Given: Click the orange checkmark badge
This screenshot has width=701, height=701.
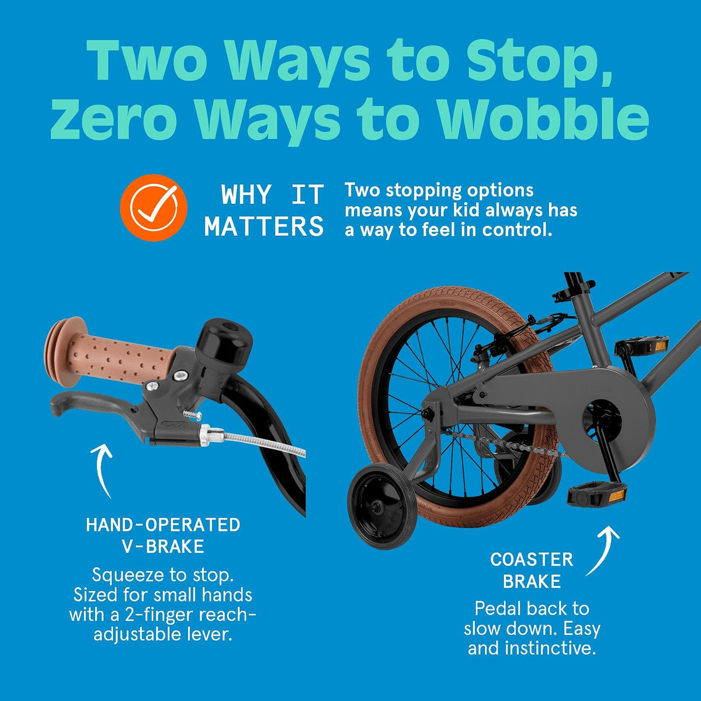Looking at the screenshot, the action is (x=154, y=207).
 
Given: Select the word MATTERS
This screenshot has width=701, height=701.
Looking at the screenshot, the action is (x=263, y=226).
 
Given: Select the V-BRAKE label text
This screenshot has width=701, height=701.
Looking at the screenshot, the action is (x=163, y=546).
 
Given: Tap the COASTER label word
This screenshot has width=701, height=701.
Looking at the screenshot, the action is (x=532, y=560).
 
